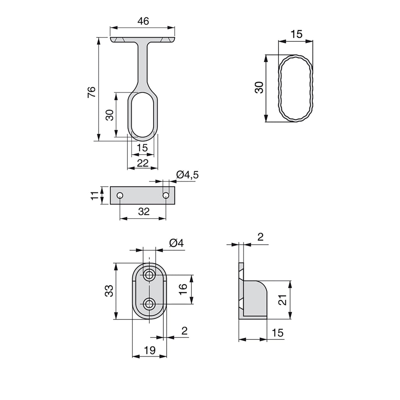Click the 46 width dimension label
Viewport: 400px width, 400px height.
[143, 21]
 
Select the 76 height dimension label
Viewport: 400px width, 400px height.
[91, 92]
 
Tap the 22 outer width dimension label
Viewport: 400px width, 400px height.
[143, 163]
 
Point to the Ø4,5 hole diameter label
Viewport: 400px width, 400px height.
[187, 175]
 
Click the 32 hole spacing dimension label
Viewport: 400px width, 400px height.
[144, 211]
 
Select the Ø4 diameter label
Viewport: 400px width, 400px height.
[176, 243]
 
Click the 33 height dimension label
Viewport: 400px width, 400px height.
[109, 291]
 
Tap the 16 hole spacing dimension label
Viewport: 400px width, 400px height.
[183, 289]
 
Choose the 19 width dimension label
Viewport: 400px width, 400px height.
[150, 350]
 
